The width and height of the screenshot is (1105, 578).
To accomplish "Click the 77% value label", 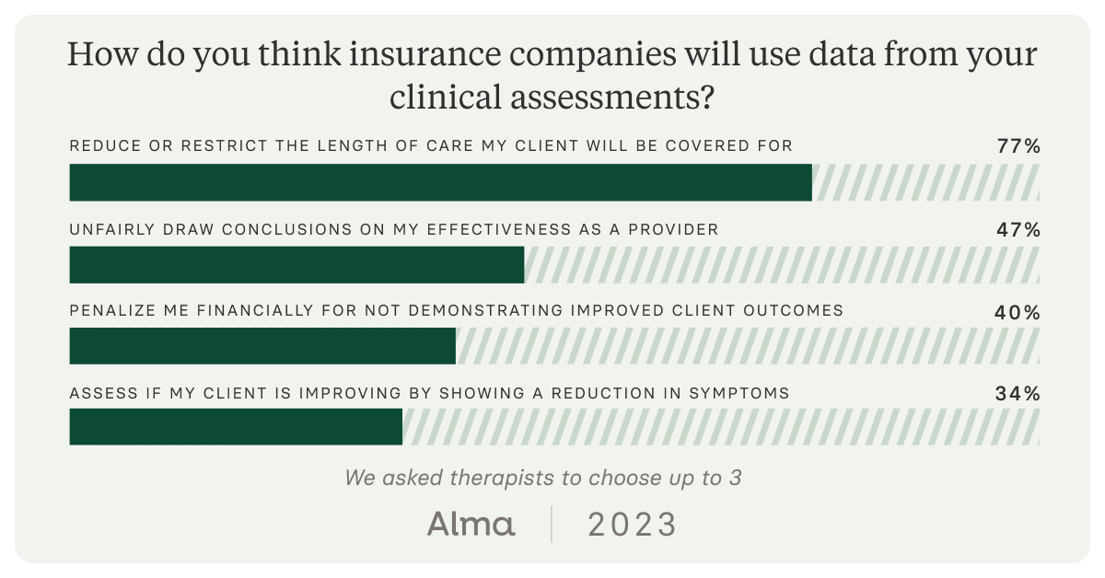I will click(1018, 146).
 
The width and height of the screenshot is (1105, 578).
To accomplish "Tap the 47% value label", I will click(1018, 229).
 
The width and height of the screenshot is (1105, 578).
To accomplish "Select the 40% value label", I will click(1018, 313).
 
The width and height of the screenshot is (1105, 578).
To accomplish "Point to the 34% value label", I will click(1018, 394).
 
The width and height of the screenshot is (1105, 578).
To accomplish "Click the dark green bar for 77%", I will click(440, 182).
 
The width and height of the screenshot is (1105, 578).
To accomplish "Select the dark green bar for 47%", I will click(297, 265).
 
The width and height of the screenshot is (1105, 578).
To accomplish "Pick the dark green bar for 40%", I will click(262, 346).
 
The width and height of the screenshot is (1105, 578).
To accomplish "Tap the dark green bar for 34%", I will click(236, 427).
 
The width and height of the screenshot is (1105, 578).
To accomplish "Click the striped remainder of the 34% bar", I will click(721, 427).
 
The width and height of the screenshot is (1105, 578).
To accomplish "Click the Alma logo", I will click(471, 525).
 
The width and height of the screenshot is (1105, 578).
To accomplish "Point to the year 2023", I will click(632, 525).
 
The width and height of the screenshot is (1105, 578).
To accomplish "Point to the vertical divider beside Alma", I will click(552, 524).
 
